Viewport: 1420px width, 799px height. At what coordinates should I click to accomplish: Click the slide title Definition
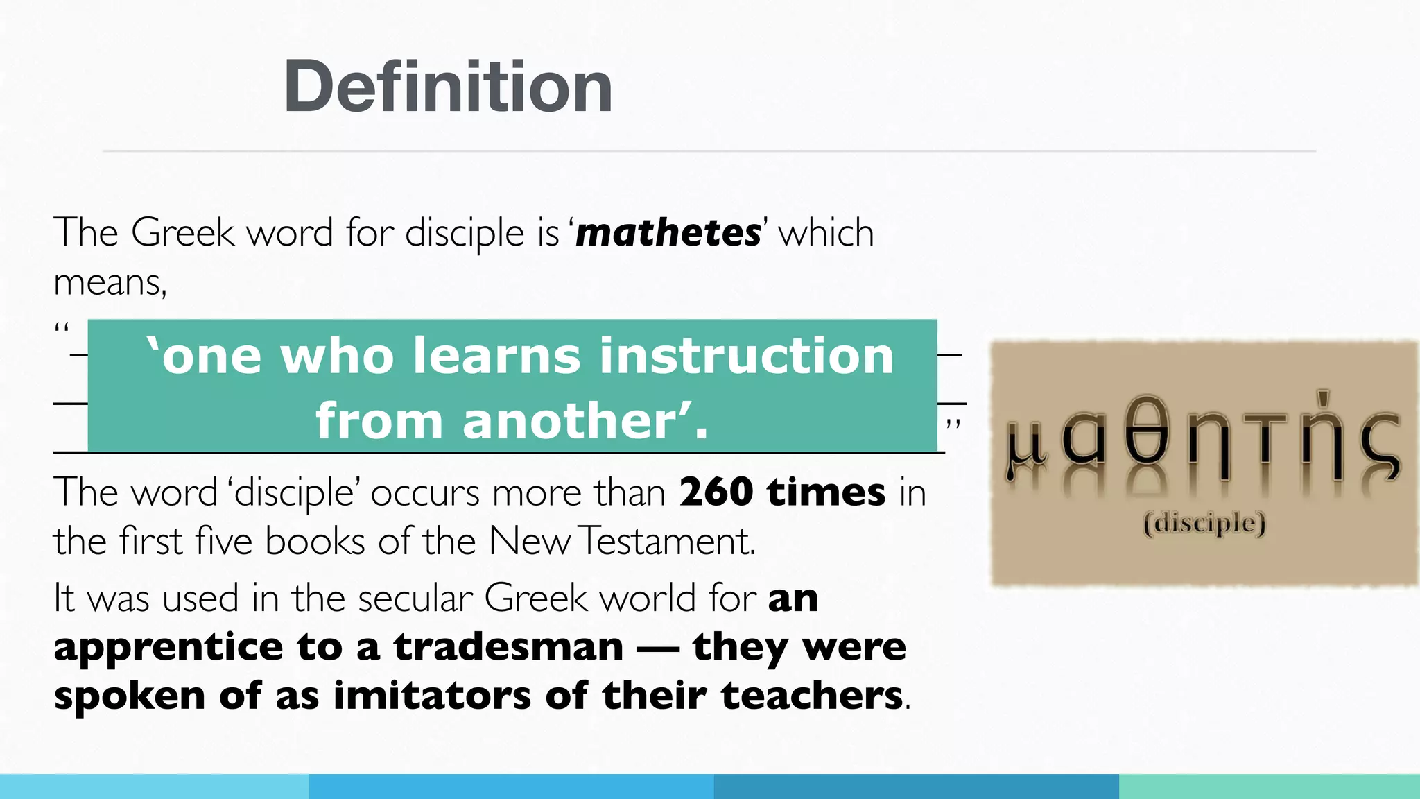(448, 87)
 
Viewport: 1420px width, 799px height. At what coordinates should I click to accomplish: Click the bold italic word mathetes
(668, 233)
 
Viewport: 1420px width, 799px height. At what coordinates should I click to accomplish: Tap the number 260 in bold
(716, 492)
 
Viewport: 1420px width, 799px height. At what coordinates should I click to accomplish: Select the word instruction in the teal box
(747, 356)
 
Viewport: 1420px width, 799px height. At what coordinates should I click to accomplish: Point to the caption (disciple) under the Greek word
(1204, 523)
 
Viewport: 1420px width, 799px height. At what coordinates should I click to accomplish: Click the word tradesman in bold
(508, 647)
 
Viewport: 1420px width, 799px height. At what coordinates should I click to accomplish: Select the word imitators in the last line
(432, 696)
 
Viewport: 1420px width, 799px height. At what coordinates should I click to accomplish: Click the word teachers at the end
(812, 696)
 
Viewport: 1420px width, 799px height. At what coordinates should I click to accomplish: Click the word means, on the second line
(110, 283)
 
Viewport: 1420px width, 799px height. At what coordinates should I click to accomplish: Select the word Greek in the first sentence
(182, 232)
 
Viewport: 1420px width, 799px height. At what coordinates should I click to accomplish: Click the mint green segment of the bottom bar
(1269, 787)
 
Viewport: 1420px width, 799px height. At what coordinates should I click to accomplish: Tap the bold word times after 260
(826, 492)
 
